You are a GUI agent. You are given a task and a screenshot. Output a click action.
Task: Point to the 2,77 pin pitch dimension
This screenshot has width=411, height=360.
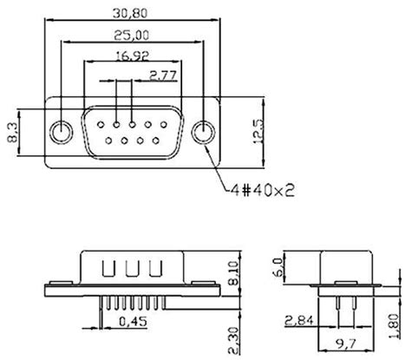point(165,75)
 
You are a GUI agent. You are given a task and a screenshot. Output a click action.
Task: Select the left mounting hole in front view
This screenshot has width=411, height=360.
point(61,133)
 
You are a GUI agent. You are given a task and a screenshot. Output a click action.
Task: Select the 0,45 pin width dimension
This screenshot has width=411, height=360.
point(133,320)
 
